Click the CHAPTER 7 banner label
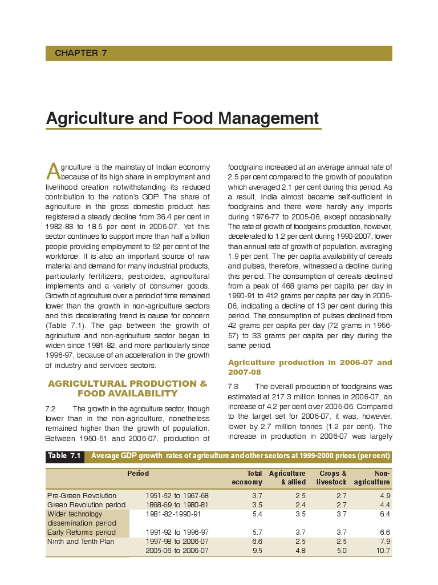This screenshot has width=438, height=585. click(80, 53)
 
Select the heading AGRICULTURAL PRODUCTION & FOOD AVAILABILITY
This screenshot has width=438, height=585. click(127, 388)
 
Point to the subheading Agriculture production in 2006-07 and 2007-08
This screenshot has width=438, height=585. click(310, 367)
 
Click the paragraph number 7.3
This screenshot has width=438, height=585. click(234, 387)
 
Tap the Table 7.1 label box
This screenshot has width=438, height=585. click(65, 456)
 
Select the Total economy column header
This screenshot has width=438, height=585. click(247, 478)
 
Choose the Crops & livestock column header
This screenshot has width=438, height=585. click(332, 478)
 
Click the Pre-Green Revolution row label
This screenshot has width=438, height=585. click(82, 495)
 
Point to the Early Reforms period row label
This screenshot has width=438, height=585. click(81, 532)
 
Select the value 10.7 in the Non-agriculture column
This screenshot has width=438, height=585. click(383, 551)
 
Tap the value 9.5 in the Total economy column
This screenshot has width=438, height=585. click(257, 551)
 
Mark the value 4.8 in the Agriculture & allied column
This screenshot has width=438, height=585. click(300, 551)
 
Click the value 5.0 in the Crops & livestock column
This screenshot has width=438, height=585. click(341, 551)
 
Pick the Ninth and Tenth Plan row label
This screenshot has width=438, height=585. click(80, 542)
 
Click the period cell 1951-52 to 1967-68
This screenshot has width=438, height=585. click(177, 495)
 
